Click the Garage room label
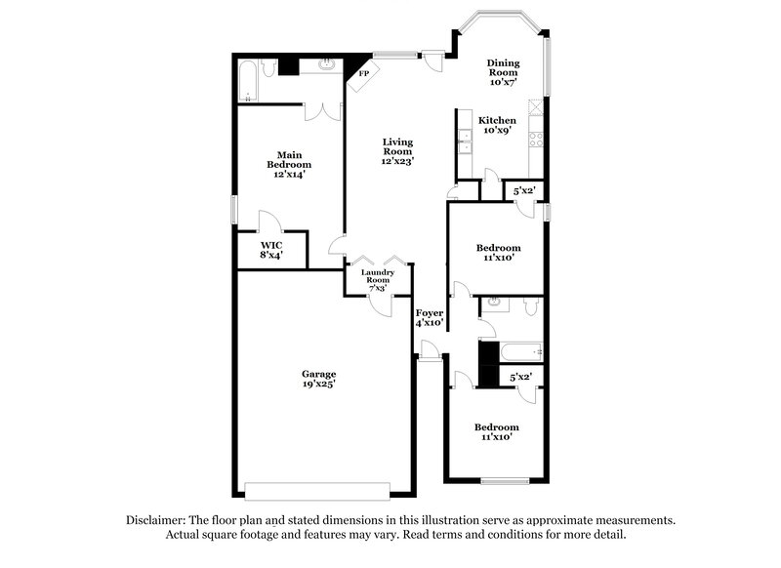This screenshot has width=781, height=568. pyautogui.click(x=318, y=374)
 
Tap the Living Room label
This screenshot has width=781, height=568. pyautogui.click(x=397, y=146)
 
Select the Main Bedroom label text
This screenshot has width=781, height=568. pyautogui.click(x=289, y=160)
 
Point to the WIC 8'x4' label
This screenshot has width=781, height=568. pyautogui.click(x=270, y=249)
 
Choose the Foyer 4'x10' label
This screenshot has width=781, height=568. pyautogui.click(x=430, y=317)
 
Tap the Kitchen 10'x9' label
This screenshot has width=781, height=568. pyautogui.click(x=497, y=125)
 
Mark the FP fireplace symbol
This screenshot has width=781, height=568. pyautogui.click(x=363, y=74)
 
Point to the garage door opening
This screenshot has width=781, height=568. pyautogui.click(x=317, y=489)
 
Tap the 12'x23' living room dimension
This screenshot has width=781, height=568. pyautogui.click(x=397, y=161)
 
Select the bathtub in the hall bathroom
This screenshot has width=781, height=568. pyautogui.click(x=517, y=352)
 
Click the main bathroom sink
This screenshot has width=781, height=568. pyautogui.click(x=325, y=66)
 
